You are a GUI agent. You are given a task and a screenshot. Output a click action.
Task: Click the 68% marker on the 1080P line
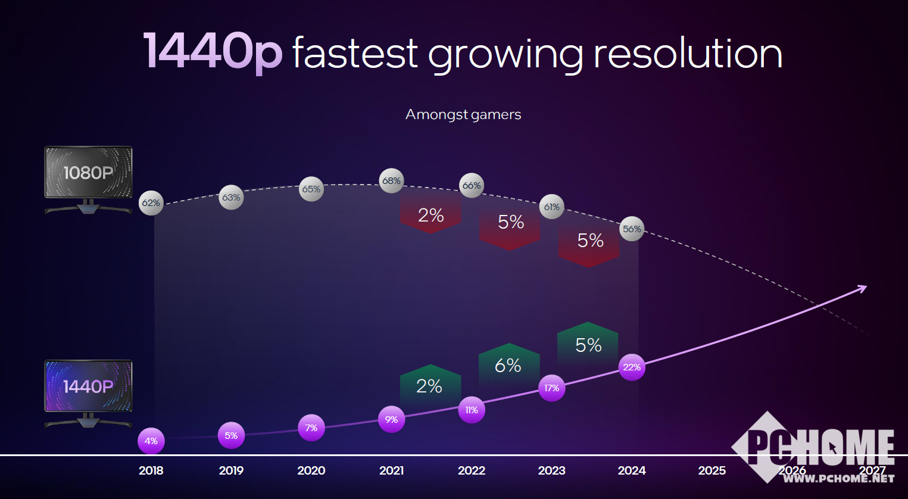(x=391, y=181)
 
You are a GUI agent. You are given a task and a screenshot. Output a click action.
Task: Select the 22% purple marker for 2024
(x=632, y=367)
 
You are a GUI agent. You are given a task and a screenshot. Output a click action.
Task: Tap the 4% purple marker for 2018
(x=151, y=441)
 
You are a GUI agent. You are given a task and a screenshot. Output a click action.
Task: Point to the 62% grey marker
(x=151, y=203)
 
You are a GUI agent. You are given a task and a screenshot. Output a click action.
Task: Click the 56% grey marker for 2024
(x=632, y=229)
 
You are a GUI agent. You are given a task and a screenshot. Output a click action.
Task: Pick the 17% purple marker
(x=551, y=388)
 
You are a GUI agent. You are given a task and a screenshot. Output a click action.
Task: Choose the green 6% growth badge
(x=508, y=364)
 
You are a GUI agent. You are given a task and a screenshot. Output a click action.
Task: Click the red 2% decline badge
(x=430, y=215)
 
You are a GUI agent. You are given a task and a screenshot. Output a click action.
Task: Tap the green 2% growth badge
(x=429, y=386)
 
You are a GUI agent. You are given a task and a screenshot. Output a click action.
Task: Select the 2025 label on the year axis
(x=712, y=470)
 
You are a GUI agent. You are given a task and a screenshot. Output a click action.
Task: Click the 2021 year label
(x=391, y=470)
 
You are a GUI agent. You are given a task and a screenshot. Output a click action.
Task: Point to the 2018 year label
(x=151, y=470)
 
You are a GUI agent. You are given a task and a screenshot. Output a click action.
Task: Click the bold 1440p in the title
(x=212, y=52)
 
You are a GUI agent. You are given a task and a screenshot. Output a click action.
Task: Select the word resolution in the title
(x=688, y=54)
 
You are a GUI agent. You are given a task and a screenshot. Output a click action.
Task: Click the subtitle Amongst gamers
(x=463, y=114)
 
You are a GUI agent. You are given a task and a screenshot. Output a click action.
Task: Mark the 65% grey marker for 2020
(x=311, y=189)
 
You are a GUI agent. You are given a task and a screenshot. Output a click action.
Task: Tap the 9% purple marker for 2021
(x=391, y=420)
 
